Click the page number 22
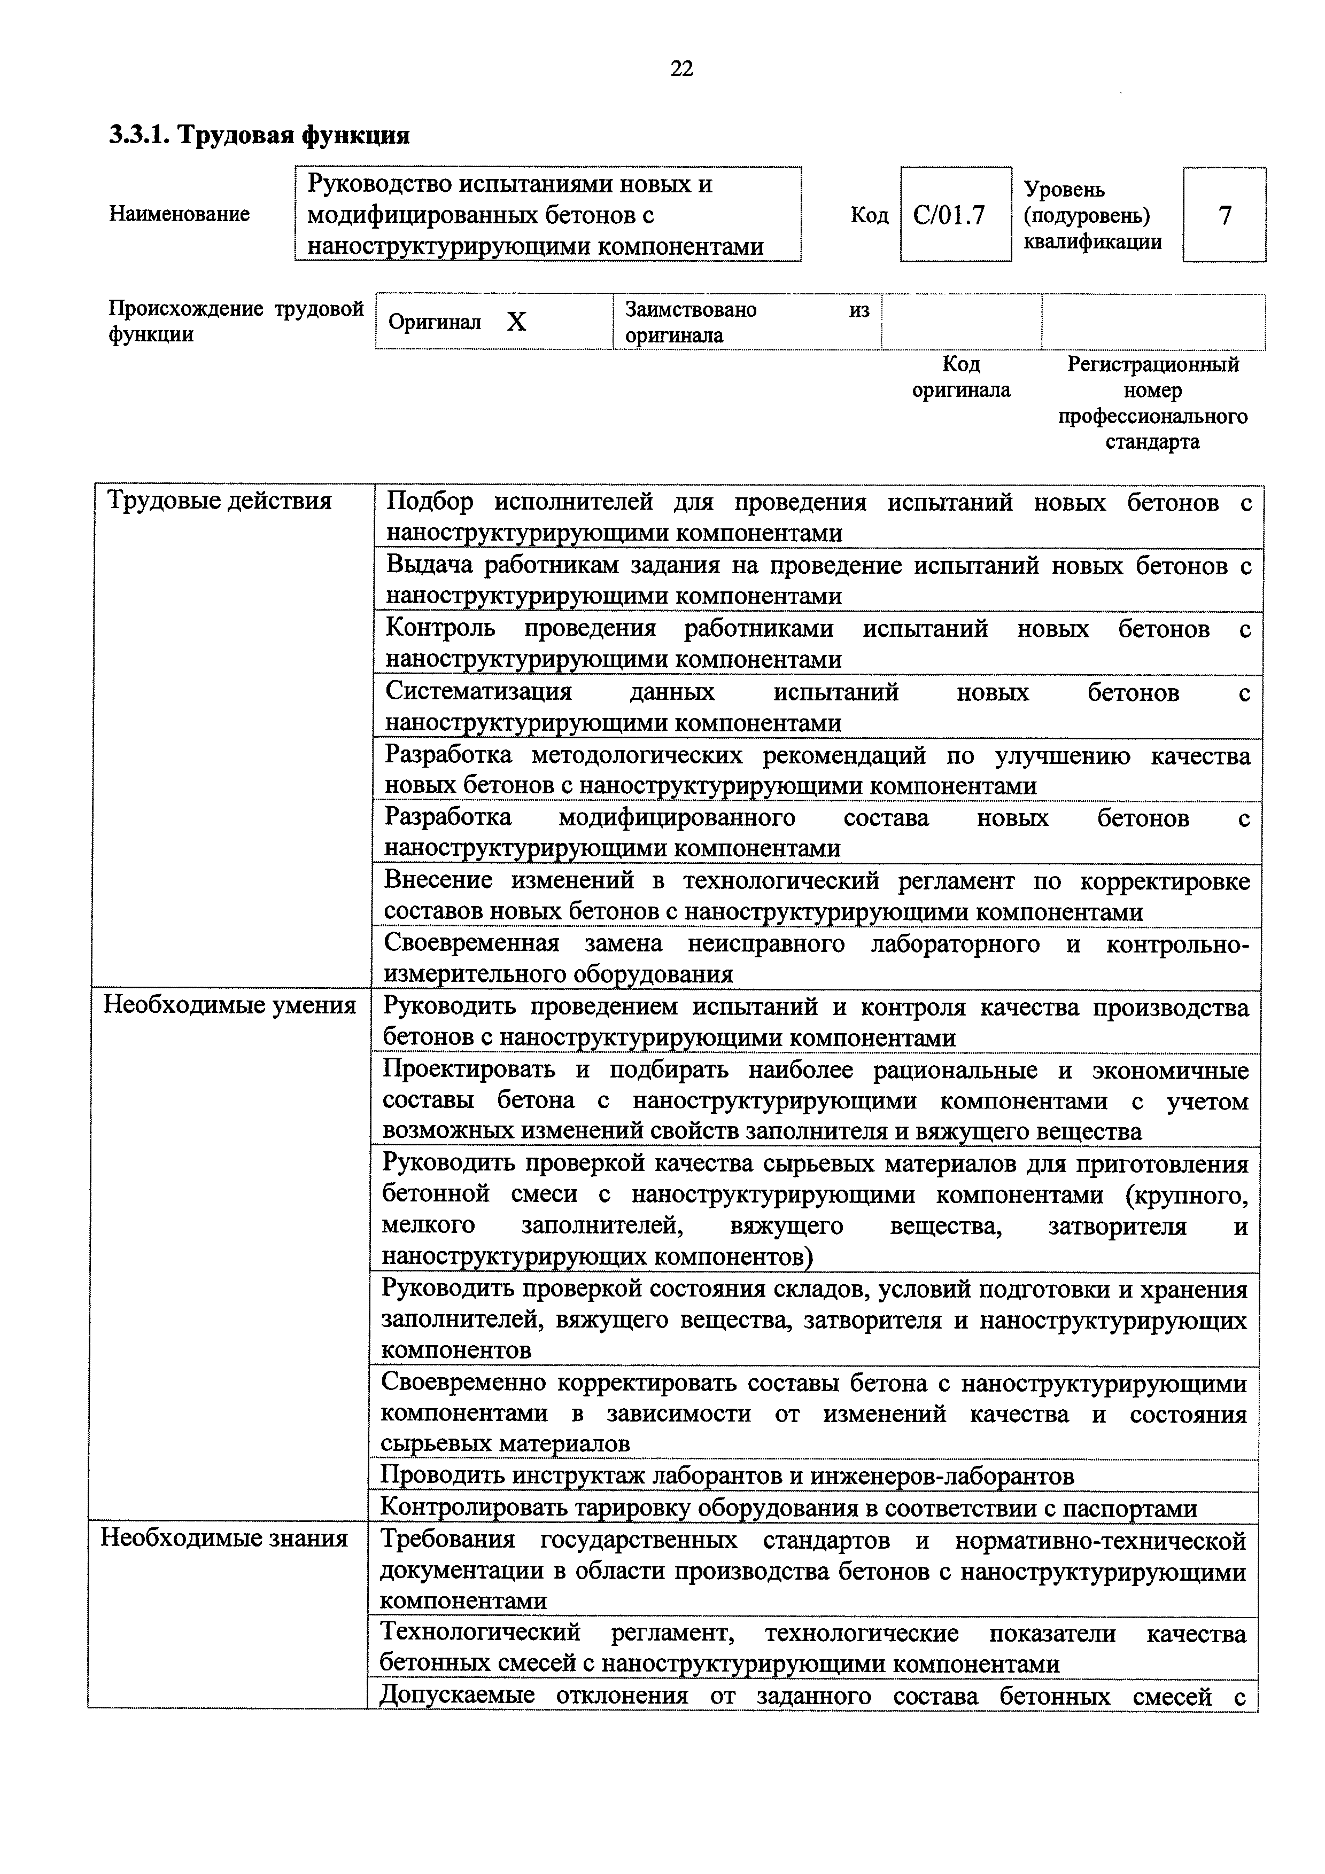(x=681, y=68)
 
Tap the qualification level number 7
(x=1224, y=215)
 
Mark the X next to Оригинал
(x=516, y=323)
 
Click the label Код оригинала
(x=961, y=376)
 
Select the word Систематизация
(x=478, y=692)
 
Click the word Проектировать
(x=469, y=1070)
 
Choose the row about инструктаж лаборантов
(x=726, y=1475)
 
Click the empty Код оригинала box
(x=961, y=322)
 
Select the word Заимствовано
(x=690, y=309)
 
